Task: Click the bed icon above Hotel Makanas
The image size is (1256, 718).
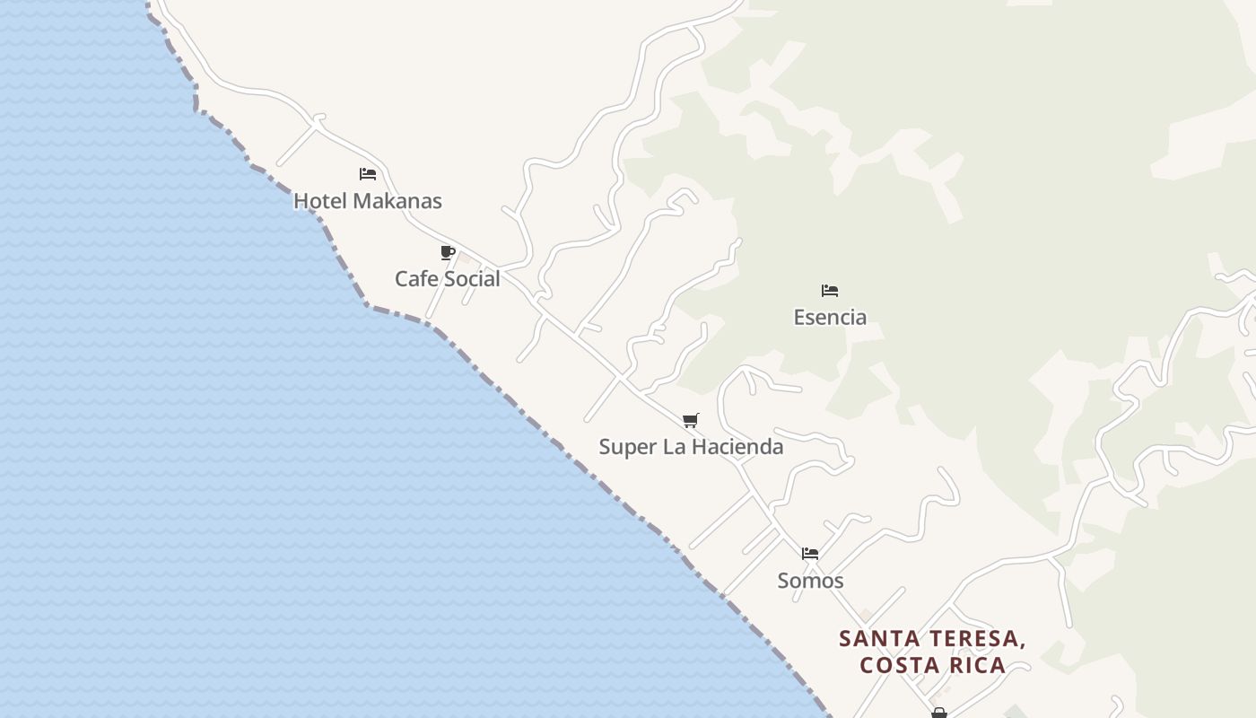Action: point(367,174)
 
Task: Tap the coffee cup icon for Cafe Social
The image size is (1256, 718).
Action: point(447,252)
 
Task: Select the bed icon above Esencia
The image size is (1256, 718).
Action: point(830,291)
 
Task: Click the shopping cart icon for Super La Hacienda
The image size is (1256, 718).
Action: point(690,420)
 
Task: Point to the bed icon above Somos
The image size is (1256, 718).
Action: point(810,554)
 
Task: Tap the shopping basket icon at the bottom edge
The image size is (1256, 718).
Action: point(939,714)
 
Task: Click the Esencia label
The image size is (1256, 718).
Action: point(830,317)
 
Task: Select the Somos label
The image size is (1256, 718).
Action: point(810,581)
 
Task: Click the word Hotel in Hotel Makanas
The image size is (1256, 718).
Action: point(318,201)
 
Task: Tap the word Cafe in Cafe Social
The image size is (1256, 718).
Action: point(416,279)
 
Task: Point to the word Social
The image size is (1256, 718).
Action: point(472,279)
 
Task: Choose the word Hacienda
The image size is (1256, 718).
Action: point(737,447)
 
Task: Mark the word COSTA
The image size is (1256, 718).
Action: point(897,665)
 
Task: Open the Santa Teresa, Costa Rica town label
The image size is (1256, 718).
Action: point(933,652)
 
